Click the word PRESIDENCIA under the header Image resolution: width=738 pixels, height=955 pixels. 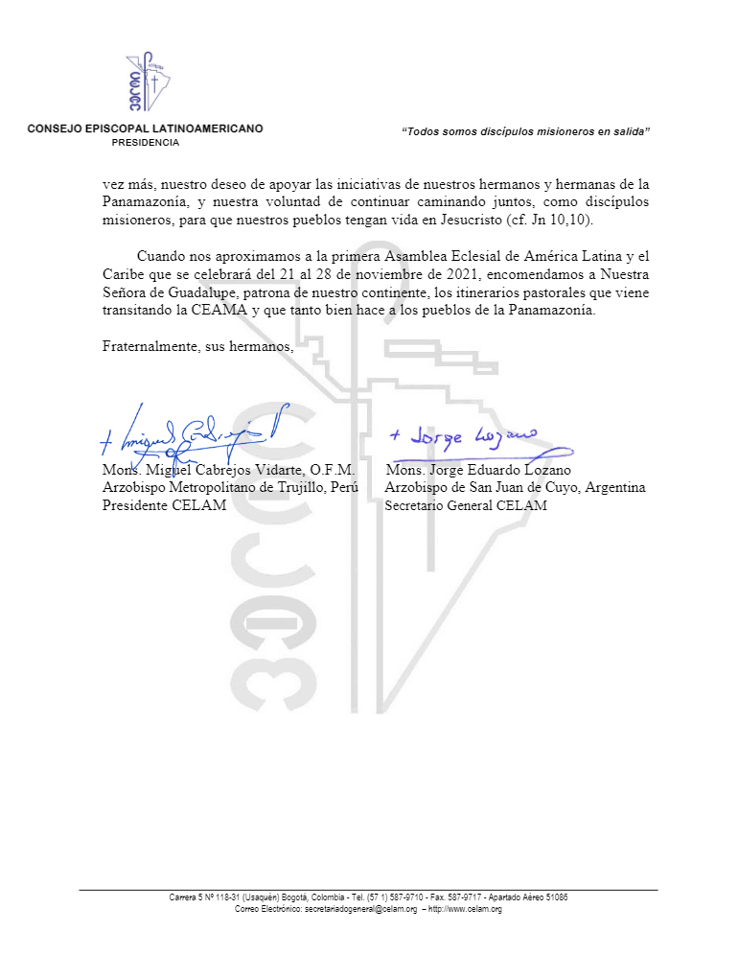click(x=146, y=142)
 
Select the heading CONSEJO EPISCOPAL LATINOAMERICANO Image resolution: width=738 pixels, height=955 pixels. click(x=146, y=128)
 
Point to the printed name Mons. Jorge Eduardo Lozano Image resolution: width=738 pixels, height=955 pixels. click(x=478, y=471)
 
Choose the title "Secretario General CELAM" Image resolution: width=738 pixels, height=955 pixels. click(x=466, y=505)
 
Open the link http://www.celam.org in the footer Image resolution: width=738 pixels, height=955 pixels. click(x=465, y=909)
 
